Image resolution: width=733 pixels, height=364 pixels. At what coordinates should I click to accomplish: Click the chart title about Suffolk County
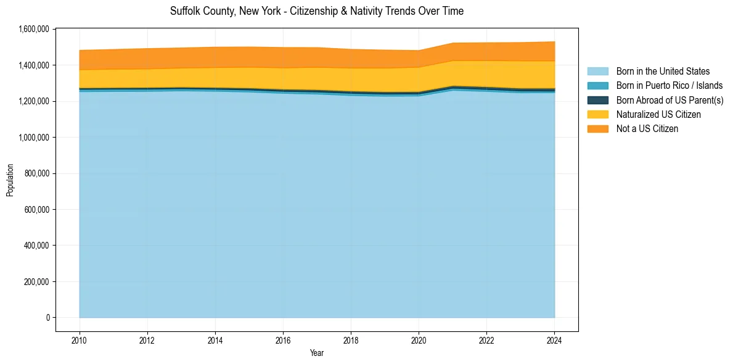click(x=316, y=11)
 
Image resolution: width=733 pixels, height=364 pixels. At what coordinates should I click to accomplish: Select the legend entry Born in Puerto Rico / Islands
click(x=670, y=86)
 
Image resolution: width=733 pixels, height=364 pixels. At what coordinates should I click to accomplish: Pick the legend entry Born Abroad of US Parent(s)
click(x=670, y=100)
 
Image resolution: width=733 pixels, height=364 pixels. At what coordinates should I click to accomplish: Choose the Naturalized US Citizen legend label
click(x=658, y=114)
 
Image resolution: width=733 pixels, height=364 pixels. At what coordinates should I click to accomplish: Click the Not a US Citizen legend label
click(x=647, y=128)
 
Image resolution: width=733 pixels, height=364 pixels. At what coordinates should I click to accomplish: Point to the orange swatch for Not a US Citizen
click(x=597, y=128)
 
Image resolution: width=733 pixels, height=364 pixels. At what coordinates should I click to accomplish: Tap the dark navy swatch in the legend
click(x=597, y=100)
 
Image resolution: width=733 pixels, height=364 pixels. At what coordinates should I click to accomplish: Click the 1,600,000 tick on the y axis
click(x=33, y=29)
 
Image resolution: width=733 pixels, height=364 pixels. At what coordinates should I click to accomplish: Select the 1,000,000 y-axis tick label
click(x=33, y=137)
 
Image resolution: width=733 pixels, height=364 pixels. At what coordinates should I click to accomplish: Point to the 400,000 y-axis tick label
click(x=35, y=246)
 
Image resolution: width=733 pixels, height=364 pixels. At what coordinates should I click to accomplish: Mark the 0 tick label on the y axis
click(x=47, y=318)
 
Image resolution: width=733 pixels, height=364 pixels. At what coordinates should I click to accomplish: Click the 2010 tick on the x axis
click(x=80, y=341)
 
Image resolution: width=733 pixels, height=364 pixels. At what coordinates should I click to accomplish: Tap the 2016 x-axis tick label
click(x=283, y=341)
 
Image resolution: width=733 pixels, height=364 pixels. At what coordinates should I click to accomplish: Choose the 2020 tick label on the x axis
click(x=419, y=341)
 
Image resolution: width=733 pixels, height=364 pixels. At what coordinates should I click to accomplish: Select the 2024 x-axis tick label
click(x=554, y=341)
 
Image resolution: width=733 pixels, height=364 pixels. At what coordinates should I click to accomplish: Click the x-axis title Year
click(x=316, y=354)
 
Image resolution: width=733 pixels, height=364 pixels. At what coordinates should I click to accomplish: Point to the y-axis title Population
click(x=10, y=180)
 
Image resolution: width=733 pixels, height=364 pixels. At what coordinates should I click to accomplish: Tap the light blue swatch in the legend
click(x=597, y=72)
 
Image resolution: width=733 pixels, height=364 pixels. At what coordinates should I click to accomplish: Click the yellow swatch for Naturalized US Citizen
click(x=597, y=114)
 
